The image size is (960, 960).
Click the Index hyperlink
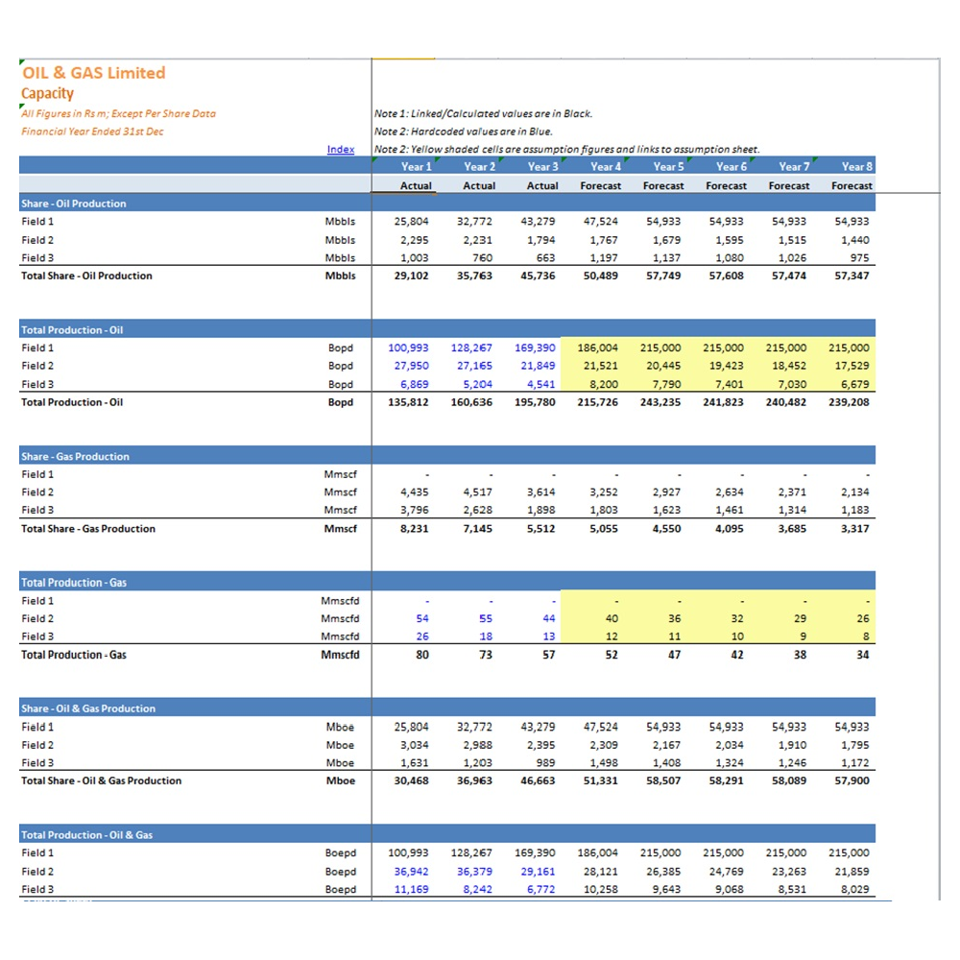coord(341,150)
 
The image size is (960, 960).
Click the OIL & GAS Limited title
coord(94,73)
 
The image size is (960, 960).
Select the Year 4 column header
coord(606,166)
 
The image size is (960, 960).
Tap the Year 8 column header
coord(856,166)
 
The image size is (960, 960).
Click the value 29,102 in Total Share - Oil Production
coord(412,276)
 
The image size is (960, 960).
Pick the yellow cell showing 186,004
coord(597,348)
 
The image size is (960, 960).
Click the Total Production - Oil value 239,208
coord(849,402)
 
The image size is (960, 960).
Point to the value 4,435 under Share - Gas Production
coord(415,492)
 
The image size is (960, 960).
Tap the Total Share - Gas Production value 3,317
coord(854,528)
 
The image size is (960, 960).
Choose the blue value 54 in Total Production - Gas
coord(422,618)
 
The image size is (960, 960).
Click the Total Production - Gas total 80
coord(422,655)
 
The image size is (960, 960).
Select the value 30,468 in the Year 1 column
coord(412,780)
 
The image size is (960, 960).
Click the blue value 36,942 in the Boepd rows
coord(412,872)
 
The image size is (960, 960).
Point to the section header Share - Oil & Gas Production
coord(88,708)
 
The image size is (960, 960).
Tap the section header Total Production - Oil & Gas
coord(87,835)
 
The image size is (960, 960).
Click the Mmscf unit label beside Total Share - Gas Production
coord(341,528)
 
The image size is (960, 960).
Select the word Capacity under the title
coord(47,94)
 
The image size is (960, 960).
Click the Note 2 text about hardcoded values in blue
coord(464,132)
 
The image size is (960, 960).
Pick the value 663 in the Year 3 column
coord(545,257)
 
